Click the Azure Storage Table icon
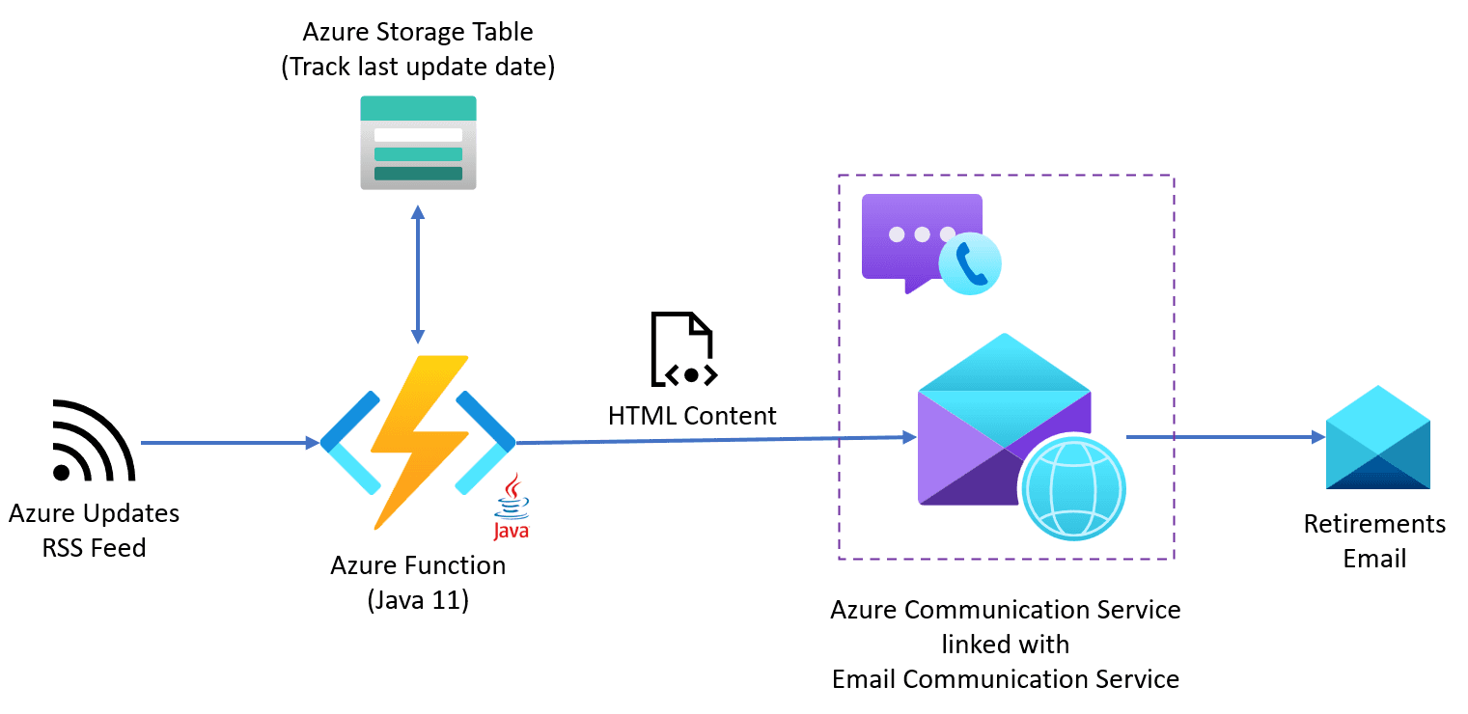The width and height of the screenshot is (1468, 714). (x=418, y=142)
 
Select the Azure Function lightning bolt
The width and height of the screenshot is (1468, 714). (x=418, y=441)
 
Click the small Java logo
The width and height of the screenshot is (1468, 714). (x=511, y=506)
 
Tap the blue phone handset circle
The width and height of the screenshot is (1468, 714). (x=970, y=263)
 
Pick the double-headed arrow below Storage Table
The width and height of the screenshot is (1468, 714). (x=417, y=274)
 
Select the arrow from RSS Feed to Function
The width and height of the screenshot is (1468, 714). (x=230, y=443)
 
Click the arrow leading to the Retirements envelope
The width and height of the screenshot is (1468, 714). (x=1225, y=437)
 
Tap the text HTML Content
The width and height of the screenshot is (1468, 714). (x=692, y=416)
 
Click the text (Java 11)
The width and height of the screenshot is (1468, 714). (x=418, y=600)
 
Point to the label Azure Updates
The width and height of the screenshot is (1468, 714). (x=94, y=513)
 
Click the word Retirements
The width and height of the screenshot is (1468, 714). (x=1374, y=524)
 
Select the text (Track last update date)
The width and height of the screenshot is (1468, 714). (x=418, y=68)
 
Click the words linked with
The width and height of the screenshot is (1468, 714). (x=1005, y=644)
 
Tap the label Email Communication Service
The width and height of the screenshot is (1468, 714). (x=1005, y=678)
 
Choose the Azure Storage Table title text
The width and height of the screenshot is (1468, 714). (x=418, y=32)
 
